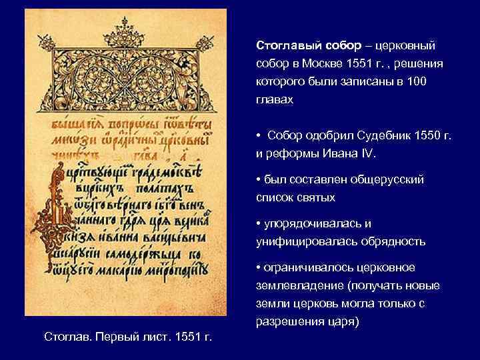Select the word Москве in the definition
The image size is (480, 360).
pyautogui.click(x=326, y=66)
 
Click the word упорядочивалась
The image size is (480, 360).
pyautogui.click(x=313, y=223)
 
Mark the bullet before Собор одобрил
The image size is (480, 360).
pyautogui.click(x=258, y=137)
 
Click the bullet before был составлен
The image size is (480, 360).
pyautogui.click(x=258, y=180)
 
